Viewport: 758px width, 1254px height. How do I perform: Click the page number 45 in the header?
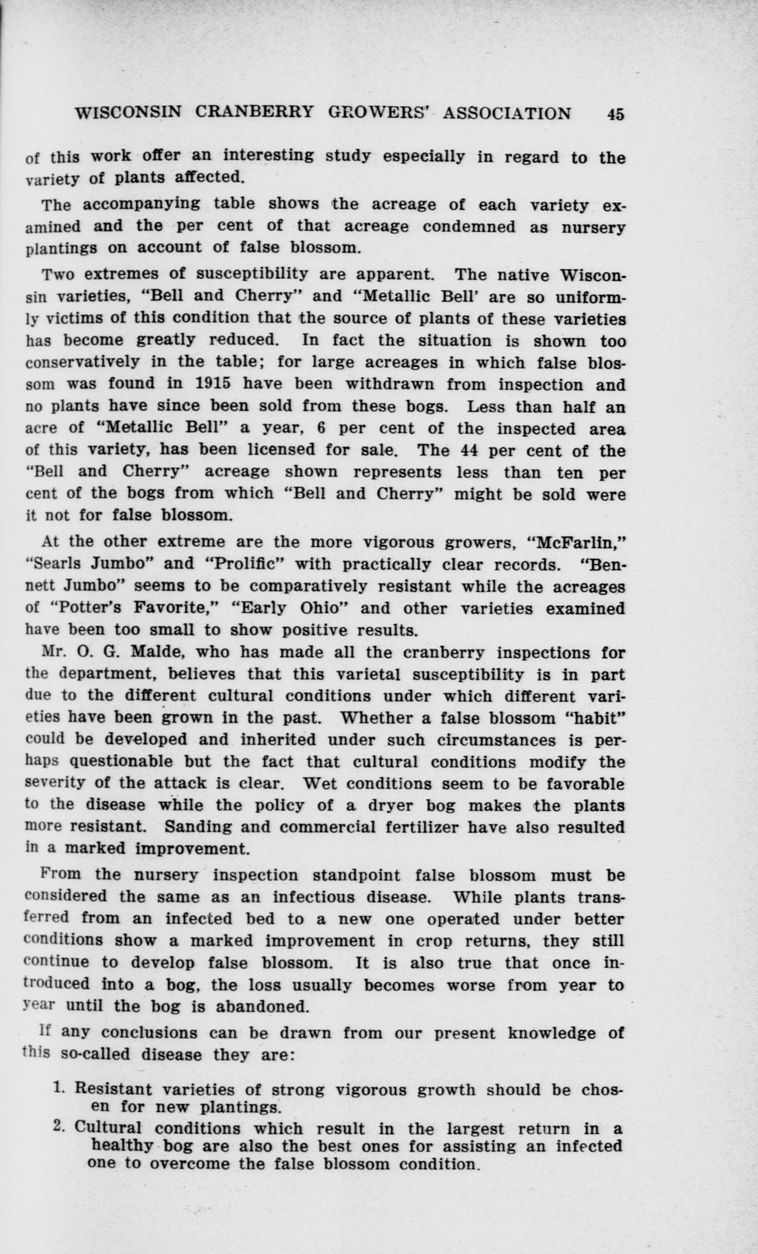pyautogui.click(x=616, y=114)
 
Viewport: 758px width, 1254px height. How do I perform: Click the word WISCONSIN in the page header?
pyautogui.click(x=127, y=113)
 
